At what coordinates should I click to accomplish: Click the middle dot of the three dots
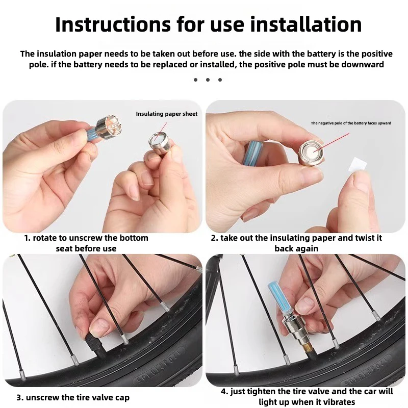[x=208, y=80]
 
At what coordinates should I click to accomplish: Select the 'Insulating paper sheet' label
[x=166, y=114]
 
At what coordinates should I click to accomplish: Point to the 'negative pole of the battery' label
[x=351, y=123]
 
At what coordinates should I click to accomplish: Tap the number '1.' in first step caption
[x=28, y=238]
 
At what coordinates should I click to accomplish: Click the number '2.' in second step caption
[x=214, y=238]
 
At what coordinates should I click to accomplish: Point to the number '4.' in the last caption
[x=224, y=392]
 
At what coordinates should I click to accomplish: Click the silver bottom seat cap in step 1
[x=159, y=143]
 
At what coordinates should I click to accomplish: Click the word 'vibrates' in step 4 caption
[x=337, y=402]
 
